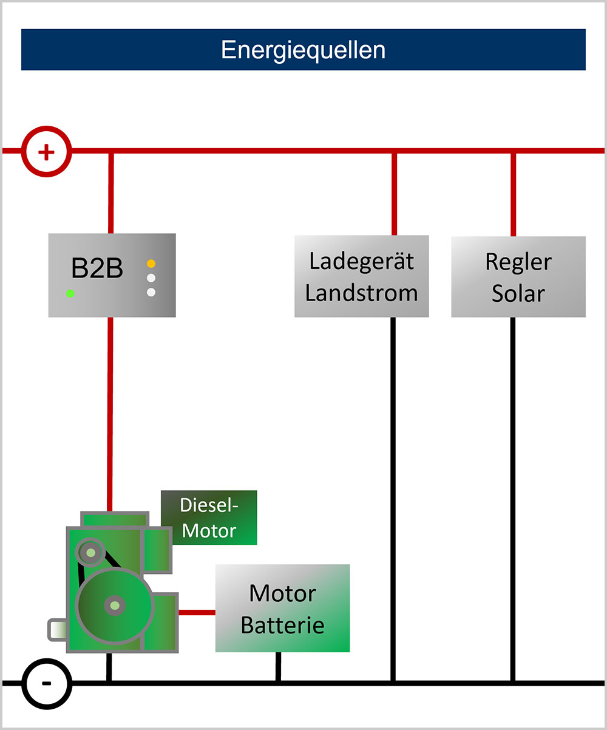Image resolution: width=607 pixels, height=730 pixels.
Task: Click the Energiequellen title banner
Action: [x=303, y=50]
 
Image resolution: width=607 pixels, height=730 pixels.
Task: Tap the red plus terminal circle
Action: [x=47, y=151]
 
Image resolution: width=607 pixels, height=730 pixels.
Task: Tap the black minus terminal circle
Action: [x=47, y=683]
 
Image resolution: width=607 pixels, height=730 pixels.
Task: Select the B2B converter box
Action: [x=112, y=275]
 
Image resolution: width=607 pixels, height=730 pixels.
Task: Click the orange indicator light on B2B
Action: [x=151, y=264]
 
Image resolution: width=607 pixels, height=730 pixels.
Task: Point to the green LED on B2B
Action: [x=70, y=293]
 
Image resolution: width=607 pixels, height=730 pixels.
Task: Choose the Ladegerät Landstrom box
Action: [x=361, y=276]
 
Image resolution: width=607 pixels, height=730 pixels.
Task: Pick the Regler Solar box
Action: [x=518, y=276]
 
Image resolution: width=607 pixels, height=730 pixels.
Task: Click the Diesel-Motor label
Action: [x=209, y=517]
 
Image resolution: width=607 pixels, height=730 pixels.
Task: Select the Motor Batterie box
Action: [x=282, y=608]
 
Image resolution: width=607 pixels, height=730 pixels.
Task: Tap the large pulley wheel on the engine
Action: [x=114, y=605]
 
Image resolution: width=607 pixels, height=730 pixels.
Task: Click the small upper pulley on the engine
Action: [x=90, y=552]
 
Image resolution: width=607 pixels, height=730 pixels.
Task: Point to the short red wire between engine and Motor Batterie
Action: [x=197, y=612]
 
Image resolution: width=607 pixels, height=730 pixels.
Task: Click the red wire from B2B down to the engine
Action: [x=110, y=413]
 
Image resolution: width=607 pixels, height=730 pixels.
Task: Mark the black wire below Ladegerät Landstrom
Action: [x=393, y=498]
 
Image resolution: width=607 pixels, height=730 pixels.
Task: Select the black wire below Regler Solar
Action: [x=513, y=498]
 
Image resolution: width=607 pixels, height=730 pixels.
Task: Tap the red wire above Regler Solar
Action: [x=514, y=193]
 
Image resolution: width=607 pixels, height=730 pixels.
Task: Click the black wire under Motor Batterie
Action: [x=278, y=666]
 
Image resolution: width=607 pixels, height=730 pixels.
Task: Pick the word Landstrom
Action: [x=361, y=293]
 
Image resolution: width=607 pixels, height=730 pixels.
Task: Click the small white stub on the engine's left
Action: [x=57, y=629]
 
